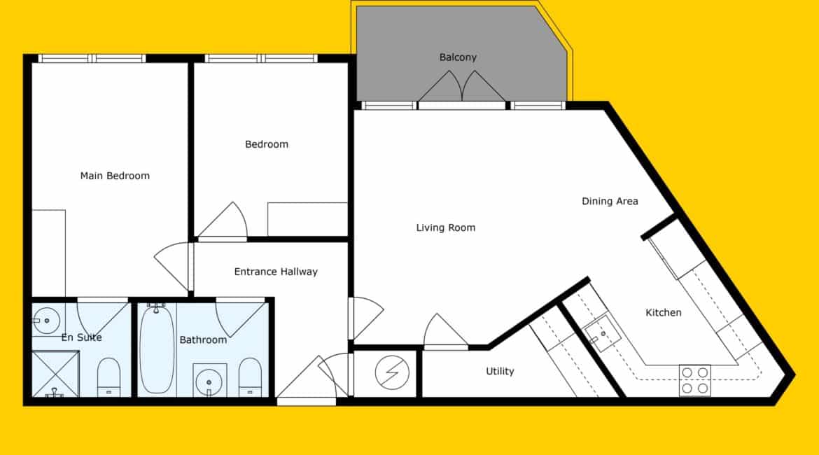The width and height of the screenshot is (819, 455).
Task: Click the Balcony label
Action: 458,57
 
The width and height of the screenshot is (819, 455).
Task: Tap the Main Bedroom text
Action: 115,176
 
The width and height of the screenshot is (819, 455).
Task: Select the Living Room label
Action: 445,227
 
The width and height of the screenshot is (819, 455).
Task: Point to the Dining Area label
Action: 610,201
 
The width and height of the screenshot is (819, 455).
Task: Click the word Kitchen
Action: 664,312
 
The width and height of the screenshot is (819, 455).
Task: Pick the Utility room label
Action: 500,372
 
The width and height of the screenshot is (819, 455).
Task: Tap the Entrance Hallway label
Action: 276,272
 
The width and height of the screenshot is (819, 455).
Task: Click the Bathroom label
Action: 203,339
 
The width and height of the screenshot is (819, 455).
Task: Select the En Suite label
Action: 81,337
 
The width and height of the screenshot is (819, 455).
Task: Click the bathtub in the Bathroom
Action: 157,349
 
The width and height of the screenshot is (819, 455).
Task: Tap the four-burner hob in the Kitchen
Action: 694,380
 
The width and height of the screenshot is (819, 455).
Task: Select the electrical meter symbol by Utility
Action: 392,373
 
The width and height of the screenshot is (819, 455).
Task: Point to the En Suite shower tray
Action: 55,374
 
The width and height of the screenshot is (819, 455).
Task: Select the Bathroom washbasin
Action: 209,381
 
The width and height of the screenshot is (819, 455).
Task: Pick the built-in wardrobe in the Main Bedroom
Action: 48,253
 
